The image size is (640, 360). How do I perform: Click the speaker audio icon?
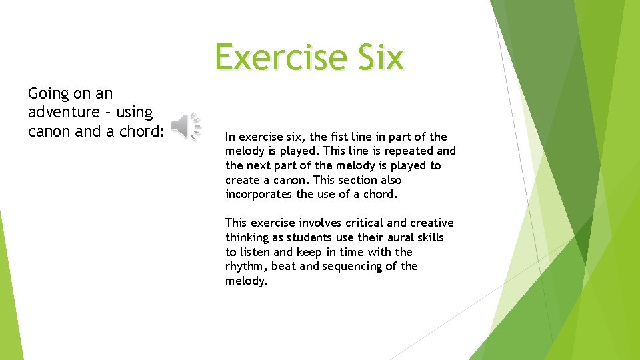(x=186, y=127)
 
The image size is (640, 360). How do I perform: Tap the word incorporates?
(x=259, y=195)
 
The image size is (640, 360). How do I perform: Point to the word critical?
(x=367, y=223)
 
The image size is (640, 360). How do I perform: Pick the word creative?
(x=431, y=223)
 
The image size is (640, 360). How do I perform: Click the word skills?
(x=429, y=237)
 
